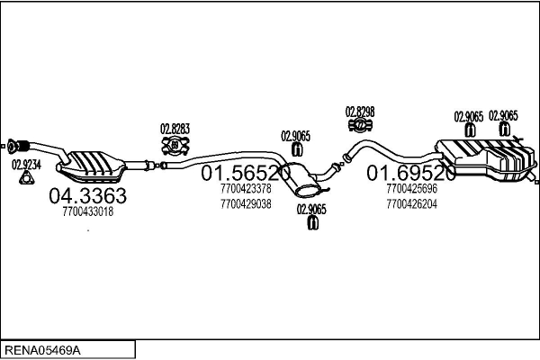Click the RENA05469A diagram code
[x=44, y=347]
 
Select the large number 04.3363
[x=86, y=195]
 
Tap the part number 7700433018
[x=87, y=212]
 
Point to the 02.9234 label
[x=25, y=165]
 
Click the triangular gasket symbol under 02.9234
[x=26, y=178]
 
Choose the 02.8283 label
[x=175, y=128]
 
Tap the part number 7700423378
[x=245, y=189]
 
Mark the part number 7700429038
[x=245, y=203]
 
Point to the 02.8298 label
[x=360, y=112]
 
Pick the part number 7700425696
[x=410, y=189]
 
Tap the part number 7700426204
[x=410, y=203]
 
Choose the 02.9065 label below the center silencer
[x=311, y=210]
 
